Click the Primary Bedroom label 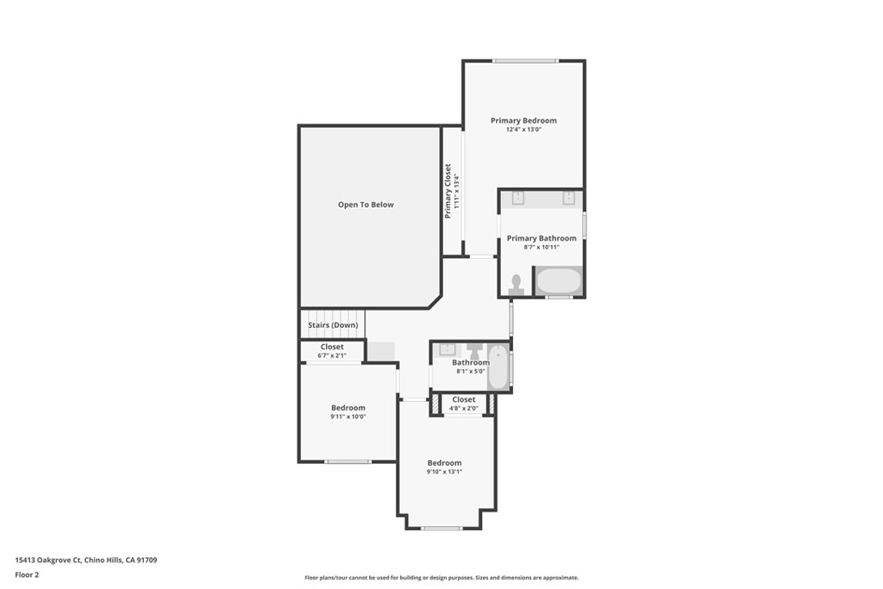523,121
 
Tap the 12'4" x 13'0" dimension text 523,130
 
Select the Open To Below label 366,204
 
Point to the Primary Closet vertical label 448,191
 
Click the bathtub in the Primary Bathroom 558,281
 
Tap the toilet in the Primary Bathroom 517,285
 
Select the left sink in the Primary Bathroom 517,198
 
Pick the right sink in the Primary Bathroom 569,198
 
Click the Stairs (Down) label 333,325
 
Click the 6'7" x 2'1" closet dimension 332,355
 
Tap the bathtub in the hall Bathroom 498,367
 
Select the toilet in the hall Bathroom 474,350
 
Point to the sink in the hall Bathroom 447,349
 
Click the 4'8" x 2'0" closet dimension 463,409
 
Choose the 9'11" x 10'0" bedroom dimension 348,417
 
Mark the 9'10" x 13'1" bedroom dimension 444,473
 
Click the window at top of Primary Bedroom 524,60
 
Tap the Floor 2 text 28,573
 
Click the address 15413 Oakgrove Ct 48,561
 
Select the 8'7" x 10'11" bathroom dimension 542,248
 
